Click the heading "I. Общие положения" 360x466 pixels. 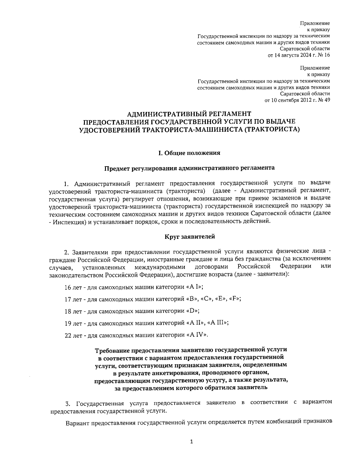(x=189, y=153)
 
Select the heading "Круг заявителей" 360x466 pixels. (x=190, y=237)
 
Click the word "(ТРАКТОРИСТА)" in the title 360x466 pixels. (x=272, y=130)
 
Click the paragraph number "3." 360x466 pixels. (x=68, y=403)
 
